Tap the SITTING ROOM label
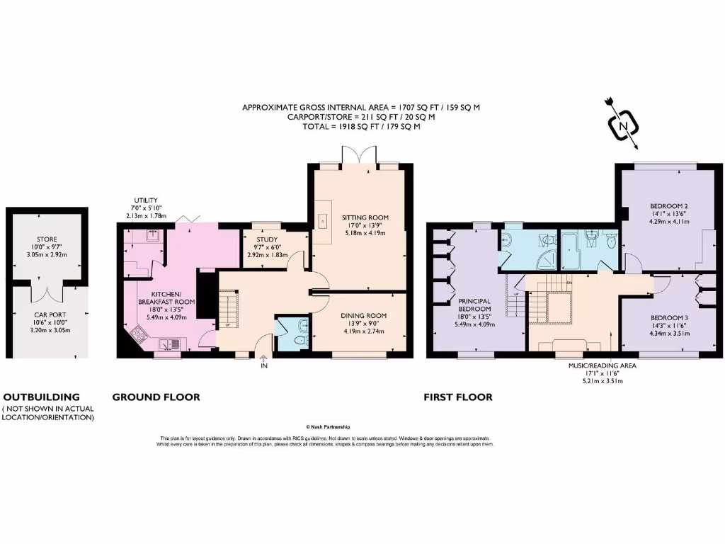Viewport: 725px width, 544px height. pyautogui.click(x=365, y=217)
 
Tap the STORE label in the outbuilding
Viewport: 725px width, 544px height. pyautogui.click(x=47, y=239)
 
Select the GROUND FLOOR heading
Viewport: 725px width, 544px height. pyautogui.click(x=156, y=397)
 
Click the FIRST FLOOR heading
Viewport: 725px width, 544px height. pyautogui.click(x=457, y=397)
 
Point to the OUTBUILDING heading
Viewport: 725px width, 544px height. pyautogui.click(x=41, y=397)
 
